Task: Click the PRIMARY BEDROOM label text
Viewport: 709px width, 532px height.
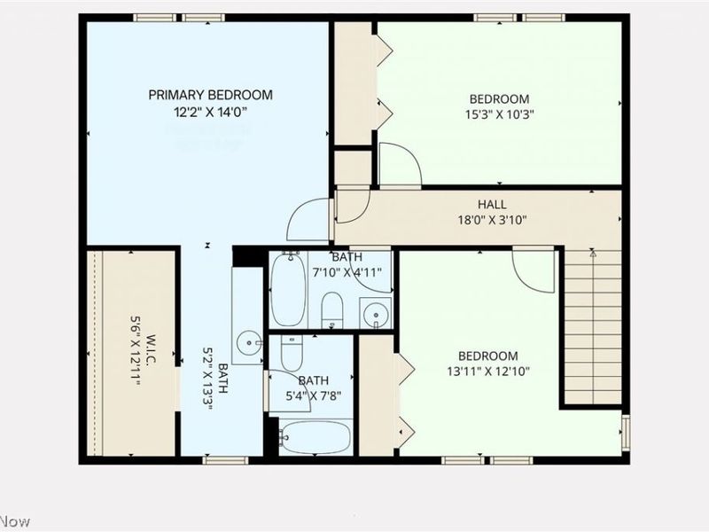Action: [210, 95]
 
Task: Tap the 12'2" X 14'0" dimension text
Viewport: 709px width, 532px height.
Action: [210, 112]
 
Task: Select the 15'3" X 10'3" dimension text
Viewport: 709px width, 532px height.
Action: [499, 114]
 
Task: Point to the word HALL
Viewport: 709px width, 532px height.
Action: [492, 204]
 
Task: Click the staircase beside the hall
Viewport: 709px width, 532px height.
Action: [592, 328]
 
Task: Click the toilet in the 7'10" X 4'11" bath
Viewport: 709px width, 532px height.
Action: [332, 309]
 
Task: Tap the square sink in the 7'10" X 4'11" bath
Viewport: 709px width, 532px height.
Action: [376, 314]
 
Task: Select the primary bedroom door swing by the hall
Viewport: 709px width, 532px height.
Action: [310, 219]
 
